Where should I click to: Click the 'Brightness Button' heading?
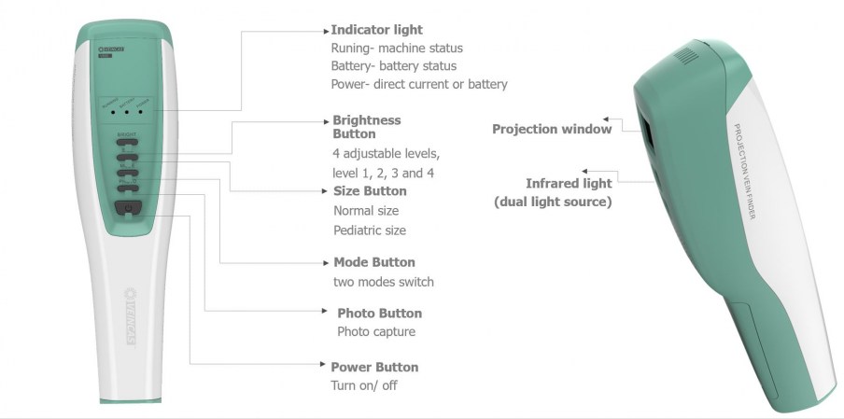(x=367, y=127)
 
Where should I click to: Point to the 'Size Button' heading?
(x=370, y=191)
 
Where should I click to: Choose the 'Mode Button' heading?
(x=374, y=262)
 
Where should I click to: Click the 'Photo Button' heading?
(x=379, y=314)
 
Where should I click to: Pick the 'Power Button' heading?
(x=374, y=367)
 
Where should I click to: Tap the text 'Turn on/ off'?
(x=364, y=385)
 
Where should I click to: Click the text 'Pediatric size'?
(x=370, y=230)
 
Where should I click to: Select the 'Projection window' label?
(x=552, y=129)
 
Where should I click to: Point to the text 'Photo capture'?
(x=376, y=331)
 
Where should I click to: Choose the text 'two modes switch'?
(x=384, y=282)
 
